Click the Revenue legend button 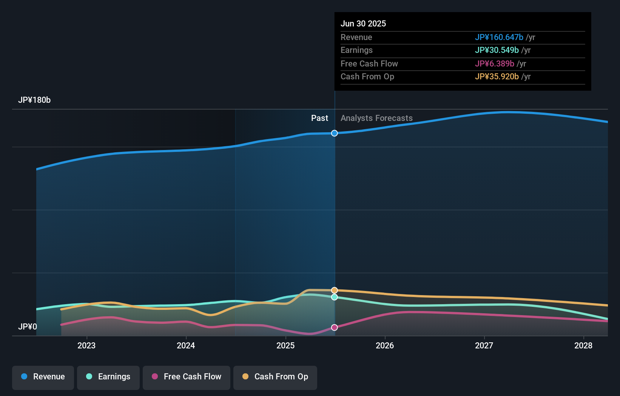[x=43, y=377]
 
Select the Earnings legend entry [x=108, y=377]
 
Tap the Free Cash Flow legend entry [x=187, y=377]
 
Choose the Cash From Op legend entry [x=275, y=377]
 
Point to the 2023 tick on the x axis [x=86, y=345]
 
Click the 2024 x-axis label [x=186, y=345]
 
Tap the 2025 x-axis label [x=285, y=345]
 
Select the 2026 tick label [x=385, y=345]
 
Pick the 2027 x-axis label [x=484, y=345]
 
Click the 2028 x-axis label [x=583, y=345]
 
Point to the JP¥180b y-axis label [x=34, y=100]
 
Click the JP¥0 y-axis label [x=28, y=326]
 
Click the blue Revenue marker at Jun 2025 [x=335, y=133]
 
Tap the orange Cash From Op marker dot [x=335, y=290]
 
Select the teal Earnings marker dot [x=335, y=297]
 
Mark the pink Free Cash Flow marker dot [x=335, y=327]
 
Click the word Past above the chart [x=319, y=118]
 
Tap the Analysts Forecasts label [x=376, y=118]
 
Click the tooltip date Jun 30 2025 [x=363, y=24]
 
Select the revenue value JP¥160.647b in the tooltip [x=499, y=37]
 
